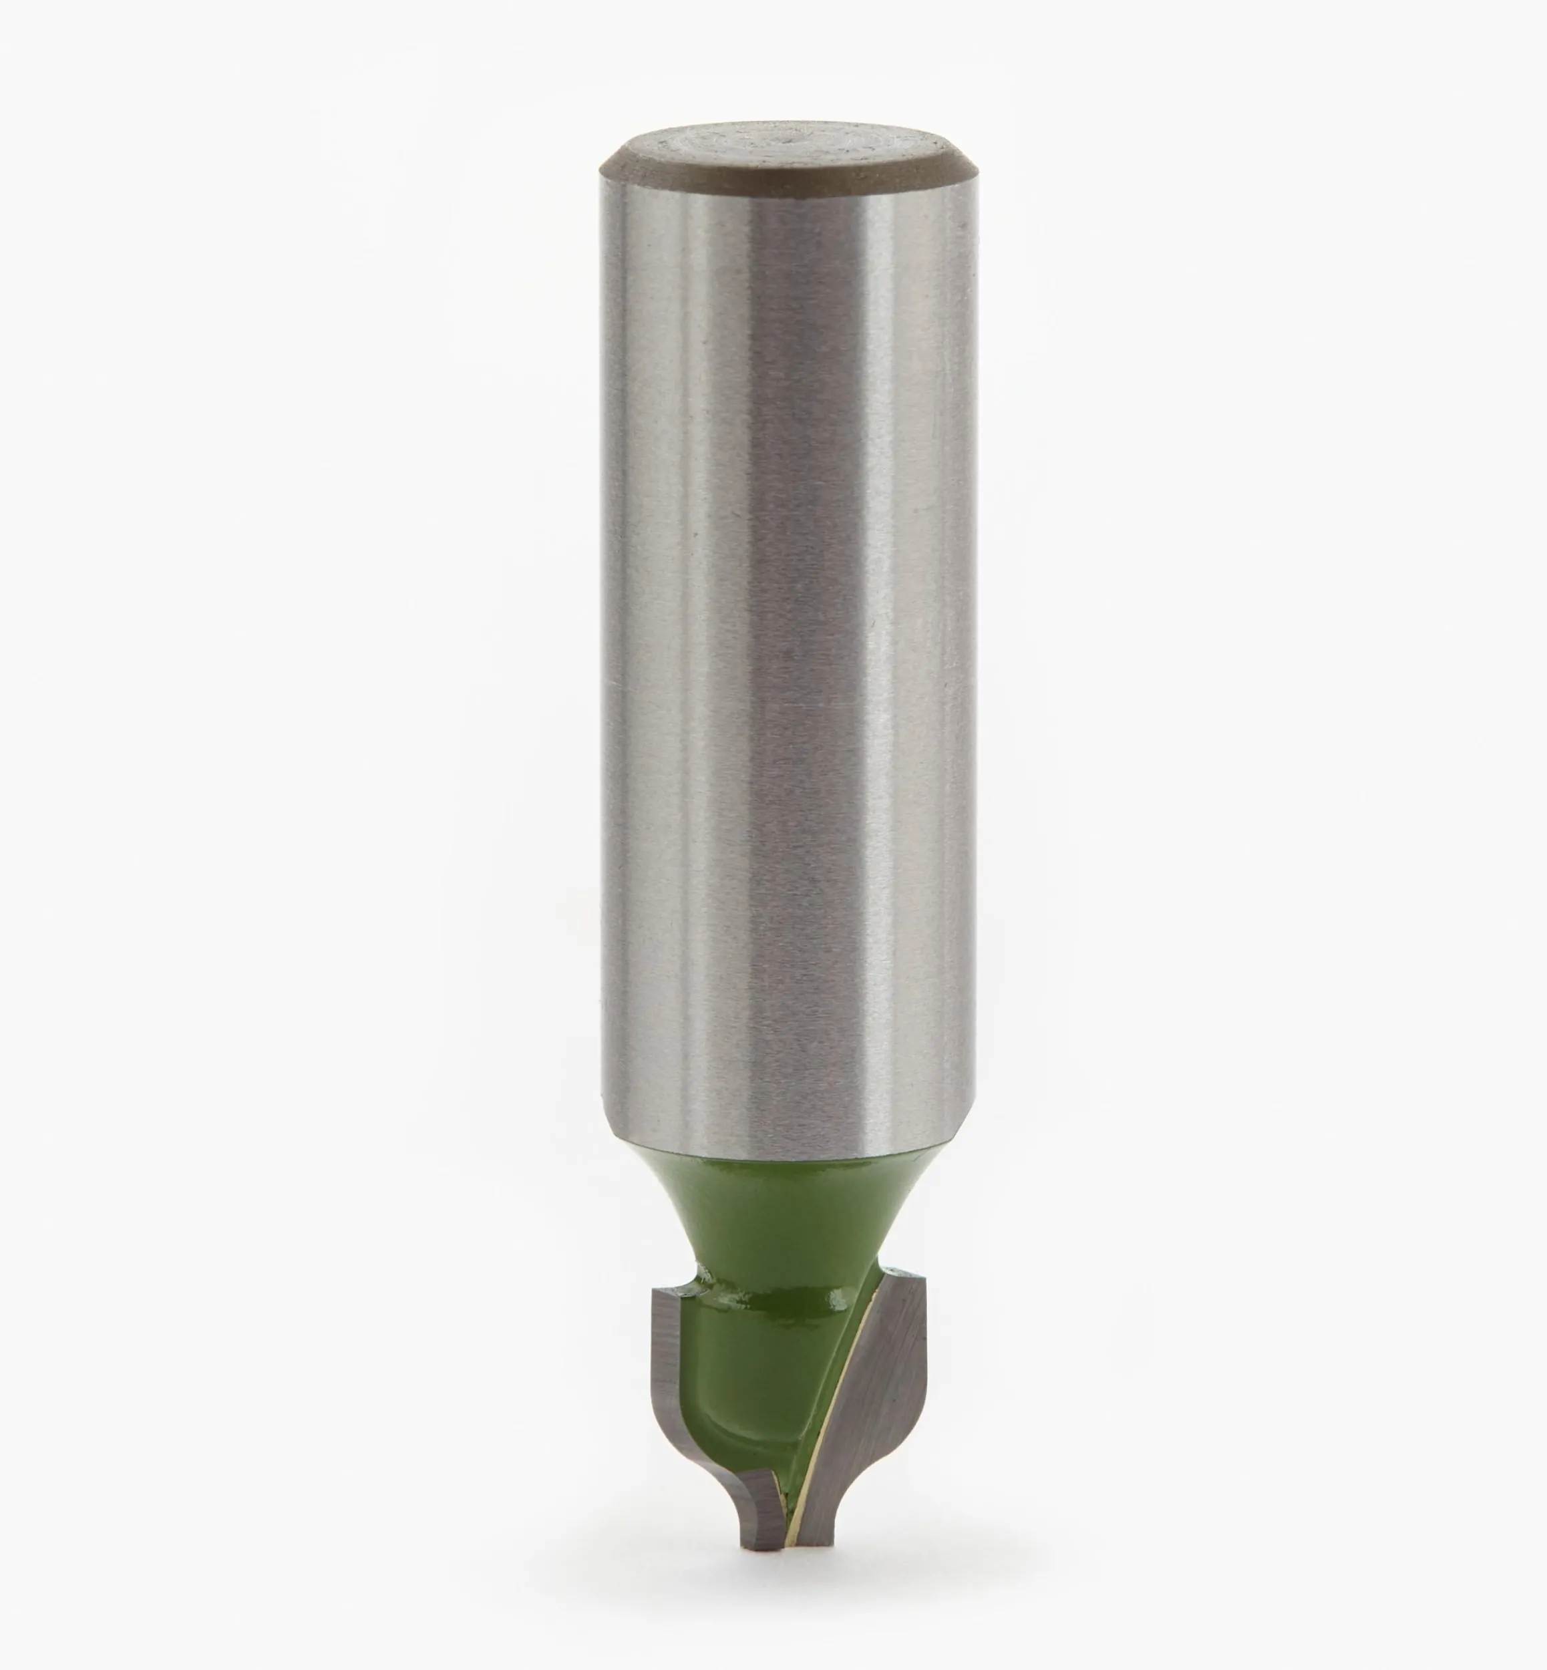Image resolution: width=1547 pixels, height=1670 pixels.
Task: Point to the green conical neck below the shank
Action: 787,1206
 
